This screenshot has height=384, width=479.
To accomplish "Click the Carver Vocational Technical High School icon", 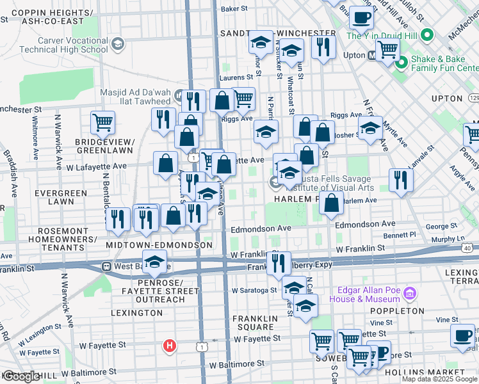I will click(117, 44).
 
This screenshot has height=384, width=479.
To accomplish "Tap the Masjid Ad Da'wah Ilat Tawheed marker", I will click(179, 97).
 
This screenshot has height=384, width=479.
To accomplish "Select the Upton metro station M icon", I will click(372, 55).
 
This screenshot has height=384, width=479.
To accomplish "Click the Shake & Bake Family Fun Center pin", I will click(402, 62).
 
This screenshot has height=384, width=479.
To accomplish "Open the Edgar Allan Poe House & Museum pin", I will click(410, 294).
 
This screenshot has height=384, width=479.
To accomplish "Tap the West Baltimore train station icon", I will click(106, 266).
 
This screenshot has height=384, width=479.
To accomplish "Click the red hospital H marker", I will click(170, 346).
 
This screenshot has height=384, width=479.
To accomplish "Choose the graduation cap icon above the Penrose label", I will click(154, 260).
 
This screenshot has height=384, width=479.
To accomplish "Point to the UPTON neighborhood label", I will click(447, 99).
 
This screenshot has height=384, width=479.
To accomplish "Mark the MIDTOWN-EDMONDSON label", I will click(159, 245).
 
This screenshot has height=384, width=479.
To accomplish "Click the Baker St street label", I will click(234, 9).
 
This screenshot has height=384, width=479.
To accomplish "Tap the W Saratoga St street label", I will click(254, 290).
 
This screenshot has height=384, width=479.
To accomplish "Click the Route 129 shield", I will click(473, 97).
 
